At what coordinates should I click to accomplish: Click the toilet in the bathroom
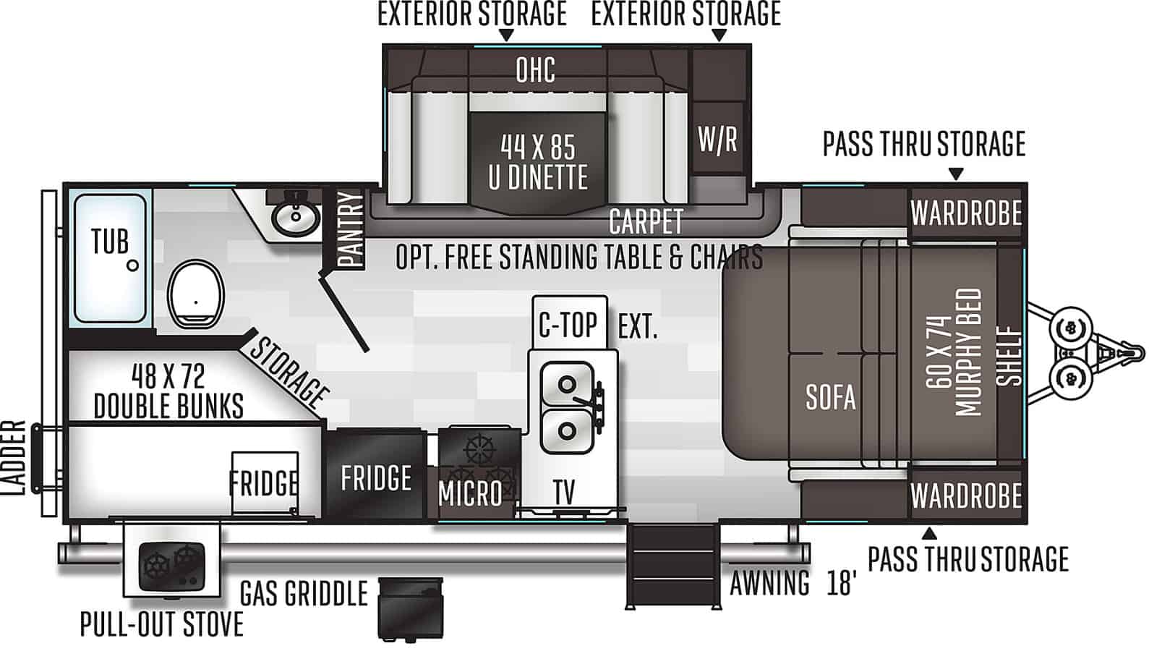(195, 294)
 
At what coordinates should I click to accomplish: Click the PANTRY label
(351, 229)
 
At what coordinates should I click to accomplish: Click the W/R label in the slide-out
(717, 139)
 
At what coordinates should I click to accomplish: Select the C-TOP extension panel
(569, 323)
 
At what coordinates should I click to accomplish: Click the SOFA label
(830, 397)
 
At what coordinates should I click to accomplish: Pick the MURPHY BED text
(968, 352)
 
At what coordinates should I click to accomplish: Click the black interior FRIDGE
(375, 474)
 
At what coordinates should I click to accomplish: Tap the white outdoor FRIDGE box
(264, 482)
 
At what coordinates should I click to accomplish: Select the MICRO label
(470, 493)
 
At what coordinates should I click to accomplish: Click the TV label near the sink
(564, 492)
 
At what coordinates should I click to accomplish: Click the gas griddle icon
(411, 608)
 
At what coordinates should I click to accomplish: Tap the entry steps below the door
(673, 566)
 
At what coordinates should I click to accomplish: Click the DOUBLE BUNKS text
(168, 406)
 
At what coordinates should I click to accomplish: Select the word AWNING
(769, 583)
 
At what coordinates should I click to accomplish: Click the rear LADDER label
(13, 458)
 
